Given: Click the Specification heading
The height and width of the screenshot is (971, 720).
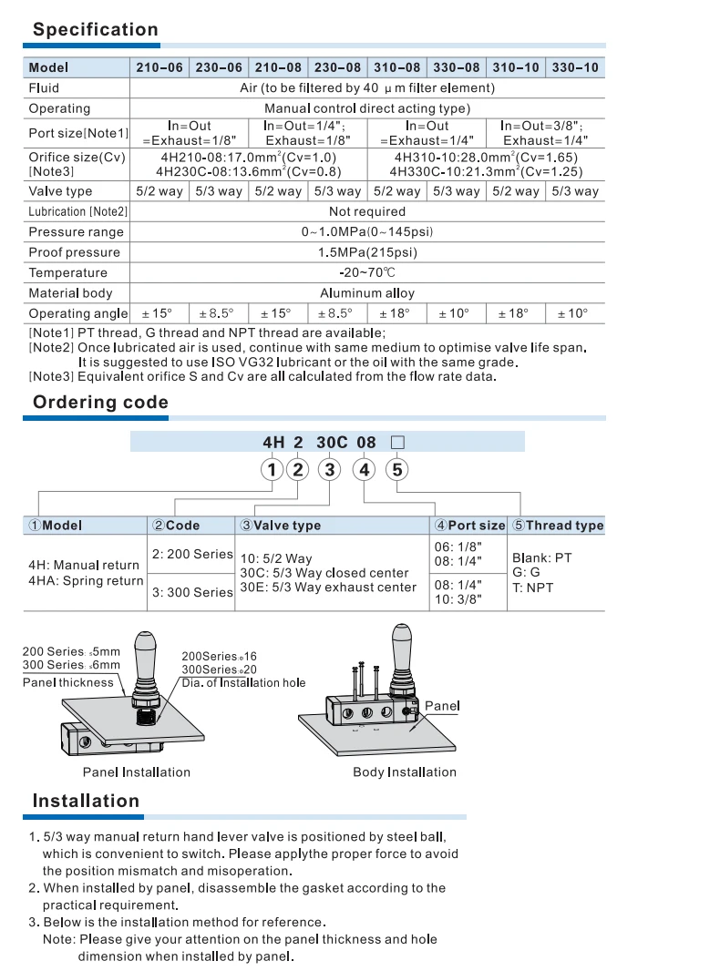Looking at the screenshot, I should click(x=96, y=29).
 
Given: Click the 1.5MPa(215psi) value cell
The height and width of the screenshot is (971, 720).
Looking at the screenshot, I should click(x=366, y=252).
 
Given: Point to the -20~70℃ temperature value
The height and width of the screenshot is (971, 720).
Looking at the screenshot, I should click(x=366, y=272).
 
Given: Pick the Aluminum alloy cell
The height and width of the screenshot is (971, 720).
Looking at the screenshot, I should click(x=366, y=293).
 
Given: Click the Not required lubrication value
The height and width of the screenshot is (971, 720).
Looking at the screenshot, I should click(x=366, y=211).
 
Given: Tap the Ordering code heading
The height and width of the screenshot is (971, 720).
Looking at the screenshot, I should click(x=100, y=402).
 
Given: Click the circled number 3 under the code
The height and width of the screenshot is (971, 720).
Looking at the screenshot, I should click(x=331, y=470).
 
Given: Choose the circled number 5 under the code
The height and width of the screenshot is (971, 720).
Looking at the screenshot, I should click(x=396, y=470).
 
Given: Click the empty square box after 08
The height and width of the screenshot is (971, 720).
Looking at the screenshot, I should click(x=396, y=443).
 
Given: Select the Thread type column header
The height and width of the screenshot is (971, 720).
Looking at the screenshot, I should click(x=558, y=526).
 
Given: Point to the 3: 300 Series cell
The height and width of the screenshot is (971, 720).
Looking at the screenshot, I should click(x=192, y=592).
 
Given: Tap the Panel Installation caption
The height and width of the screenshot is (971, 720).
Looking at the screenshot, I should click(x=137, y=772).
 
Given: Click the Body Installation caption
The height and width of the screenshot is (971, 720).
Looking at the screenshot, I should click(x=405, y=772).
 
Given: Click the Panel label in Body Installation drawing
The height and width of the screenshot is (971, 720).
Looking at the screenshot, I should click(x=442, y=706).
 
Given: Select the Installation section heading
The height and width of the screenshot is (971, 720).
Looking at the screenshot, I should click(x=86, y=801).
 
